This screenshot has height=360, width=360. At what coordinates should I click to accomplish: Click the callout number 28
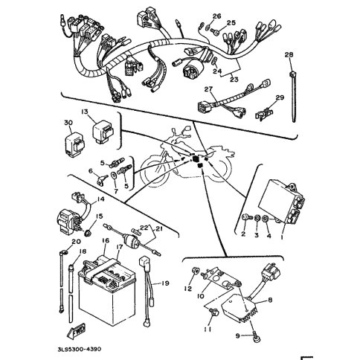(x=289, y=54)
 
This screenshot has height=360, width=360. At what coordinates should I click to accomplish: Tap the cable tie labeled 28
(x=293, y=97)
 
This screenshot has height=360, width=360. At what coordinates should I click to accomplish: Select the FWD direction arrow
(x=77, y=331)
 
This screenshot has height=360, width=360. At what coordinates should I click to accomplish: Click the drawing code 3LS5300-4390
(x=80, y=350)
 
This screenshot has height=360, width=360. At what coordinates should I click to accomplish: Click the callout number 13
(x=85, y=112)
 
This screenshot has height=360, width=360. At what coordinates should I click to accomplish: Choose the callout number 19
(x=165, y=283)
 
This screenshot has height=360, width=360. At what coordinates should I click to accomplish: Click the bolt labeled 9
(x=256, y=336)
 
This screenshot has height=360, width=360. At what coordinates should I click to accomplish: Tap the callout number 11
(x=208, y=330)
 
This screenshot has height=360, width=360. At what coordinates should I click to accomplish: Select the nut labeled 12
(x=196, y=270)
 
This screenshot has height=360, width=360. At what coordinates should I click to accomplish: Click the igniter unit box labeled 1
(x=281, y=202)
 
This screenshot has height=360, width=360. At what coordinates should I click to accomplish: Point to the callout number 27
(x=208, y=89)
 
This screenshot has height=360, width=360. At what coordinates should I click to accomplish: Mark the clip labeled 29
(x=264, y=114)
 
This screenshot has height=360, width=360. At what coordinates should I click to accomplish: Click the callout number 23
(x=234, y=80)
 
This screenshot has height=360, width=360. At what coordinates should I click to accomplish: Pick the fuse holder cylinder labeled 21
(x=130, y=240)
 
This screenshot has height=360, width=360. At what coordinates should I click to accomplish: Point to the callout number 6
(x=90, y=171)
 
